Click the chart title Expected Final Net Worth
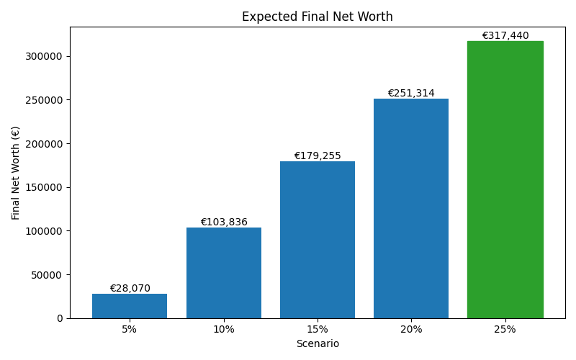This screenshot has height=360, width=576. tap(318, 17)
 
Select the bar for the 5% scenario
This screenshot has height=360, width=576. tap(130, 306)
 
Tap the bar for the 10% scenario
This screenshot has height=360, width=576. tap(224, 273)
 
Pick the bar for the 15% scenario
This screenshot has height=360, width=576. tap(318, 240)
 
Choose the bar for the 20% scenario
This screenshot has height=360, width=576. tap(411, 209)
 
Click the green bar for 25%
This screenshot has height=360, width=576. tap(505, 180)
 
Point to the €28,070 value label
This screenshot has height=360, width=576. tap(130, 289)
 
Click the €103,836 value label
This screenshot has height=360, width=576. tap(224, 222)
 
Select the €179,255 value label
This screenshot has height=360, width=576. tap(318, 156)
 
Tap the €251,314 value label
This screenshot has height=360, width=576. tap(411, 94)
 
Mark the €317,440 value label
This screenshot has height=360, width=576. tap(505, 36)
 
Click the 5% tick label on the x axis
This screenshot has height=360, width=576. tap(130, 330)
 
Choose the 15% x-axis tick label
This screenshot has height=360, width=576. tap(318, 330)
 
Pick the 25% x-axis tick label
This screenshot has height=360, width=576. tap(505, 330)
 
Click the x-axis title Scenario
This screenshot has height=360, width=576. tap(318, 344)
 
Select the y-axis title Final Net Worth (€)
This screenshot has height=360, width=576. tap(16, 173)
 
